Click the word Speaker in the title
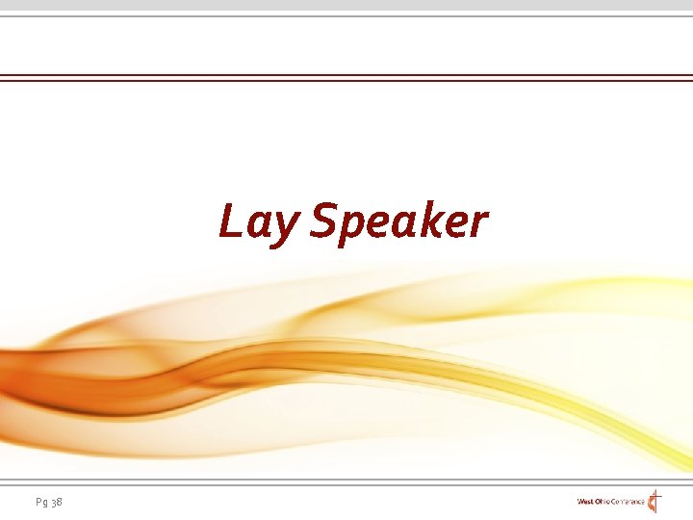point(399,221)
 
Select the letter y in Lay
point(287,227)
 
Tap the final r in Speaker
point(477,224)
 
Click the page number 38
point(57,502)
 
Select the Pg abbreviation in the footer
point(40,502)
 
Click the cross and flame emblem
point(655,501)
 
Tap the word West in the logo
point(586,502)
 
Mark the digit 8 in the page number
point(61,502)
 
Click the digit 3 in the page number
point(53,502)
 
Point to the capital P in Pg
point(38,501)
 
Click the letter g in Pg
point(44,504)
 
